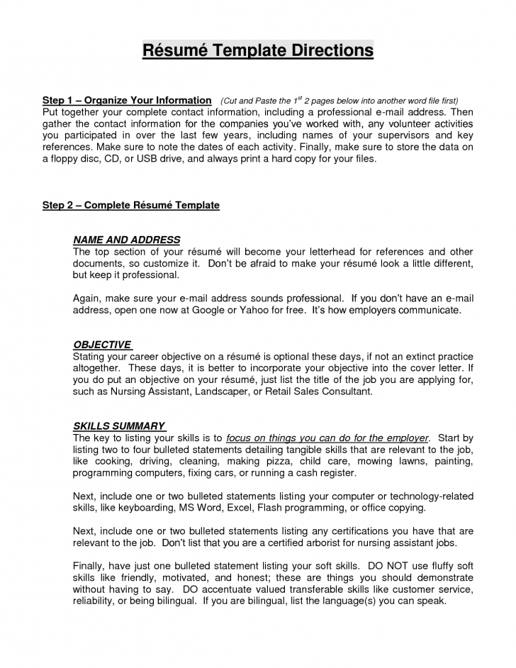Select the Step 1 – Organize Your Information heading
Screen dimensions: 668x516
pyautogui.click(x=128, y=101)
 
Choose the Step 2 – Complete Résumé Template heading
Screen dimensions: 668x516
pyautogui.click(x=131, y=205)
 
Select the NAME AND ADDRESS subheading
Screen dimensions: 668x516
pyautogui.click(x=127, y=240)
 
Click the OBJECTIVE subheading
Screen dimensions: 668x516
pyautogui.click(x=102, y=345)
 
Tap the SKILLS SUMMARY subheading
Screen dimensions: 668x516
pyautogui.click(x=119, y=426)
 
